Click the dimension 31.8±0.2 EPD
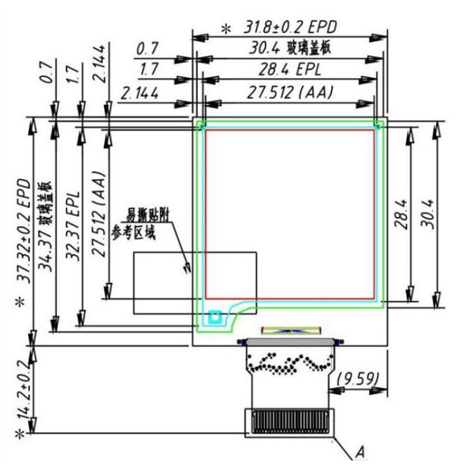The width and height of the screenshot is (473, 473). [290, 27]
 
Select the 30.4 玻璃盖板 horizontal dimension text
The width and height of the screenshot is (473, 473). [290, 48]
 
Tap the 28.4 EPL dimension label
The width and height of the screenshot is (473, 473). [290, 69]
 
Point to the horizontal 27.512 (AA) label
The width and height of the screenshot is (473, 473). [290, 92]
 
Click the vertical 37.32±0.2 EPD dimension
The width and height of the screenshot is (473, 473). [24, 231]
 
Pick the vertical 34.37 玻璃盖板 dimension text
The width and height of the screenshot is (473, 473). [45, 226]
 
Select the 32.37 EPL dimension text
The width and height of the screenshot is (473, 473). [73, 225]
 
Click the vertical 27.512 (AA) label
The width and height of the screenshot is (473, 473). [99, 214]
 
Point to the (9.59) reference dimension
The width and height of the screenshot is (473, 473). [358, 379]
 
